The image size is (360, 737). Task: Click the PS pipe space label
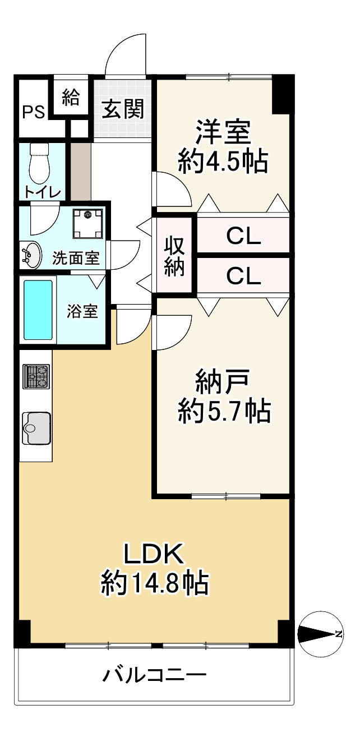(34, 112)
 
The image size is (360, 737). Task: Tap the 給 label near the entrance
(71, 97)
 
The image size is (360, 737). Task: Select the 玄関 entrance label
(122, 109)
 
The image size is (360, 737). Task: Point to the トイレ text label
(43, 192)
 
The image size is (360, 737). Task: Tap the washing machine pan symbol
(87, 223)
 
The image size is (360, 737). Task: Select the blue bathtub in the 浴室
(38, 310)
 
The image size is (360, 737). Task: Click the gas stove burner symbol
(36, 376)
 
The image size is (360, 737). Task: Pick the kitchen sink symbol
(36, 428)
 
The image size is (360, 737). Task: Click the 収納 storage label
(174, 257)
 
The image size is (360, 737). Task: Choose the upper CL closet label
(243, 236)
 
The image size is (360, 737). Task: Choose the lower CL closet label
(243, 276)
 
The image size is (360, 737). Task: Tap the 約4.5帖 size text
(223, 162)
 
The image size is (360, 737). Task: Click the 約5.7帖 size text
(224, 411)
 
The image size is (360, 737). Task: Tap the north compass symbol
(320, 633)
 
